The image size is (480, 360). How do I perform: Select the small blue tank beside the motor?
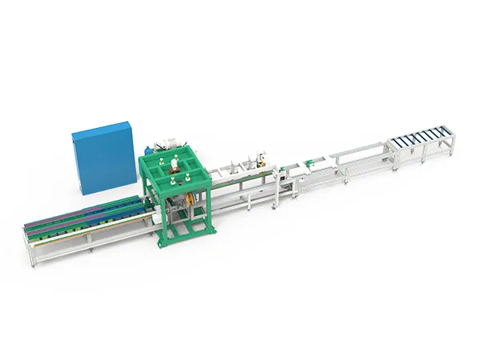(x=148, y=149)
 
